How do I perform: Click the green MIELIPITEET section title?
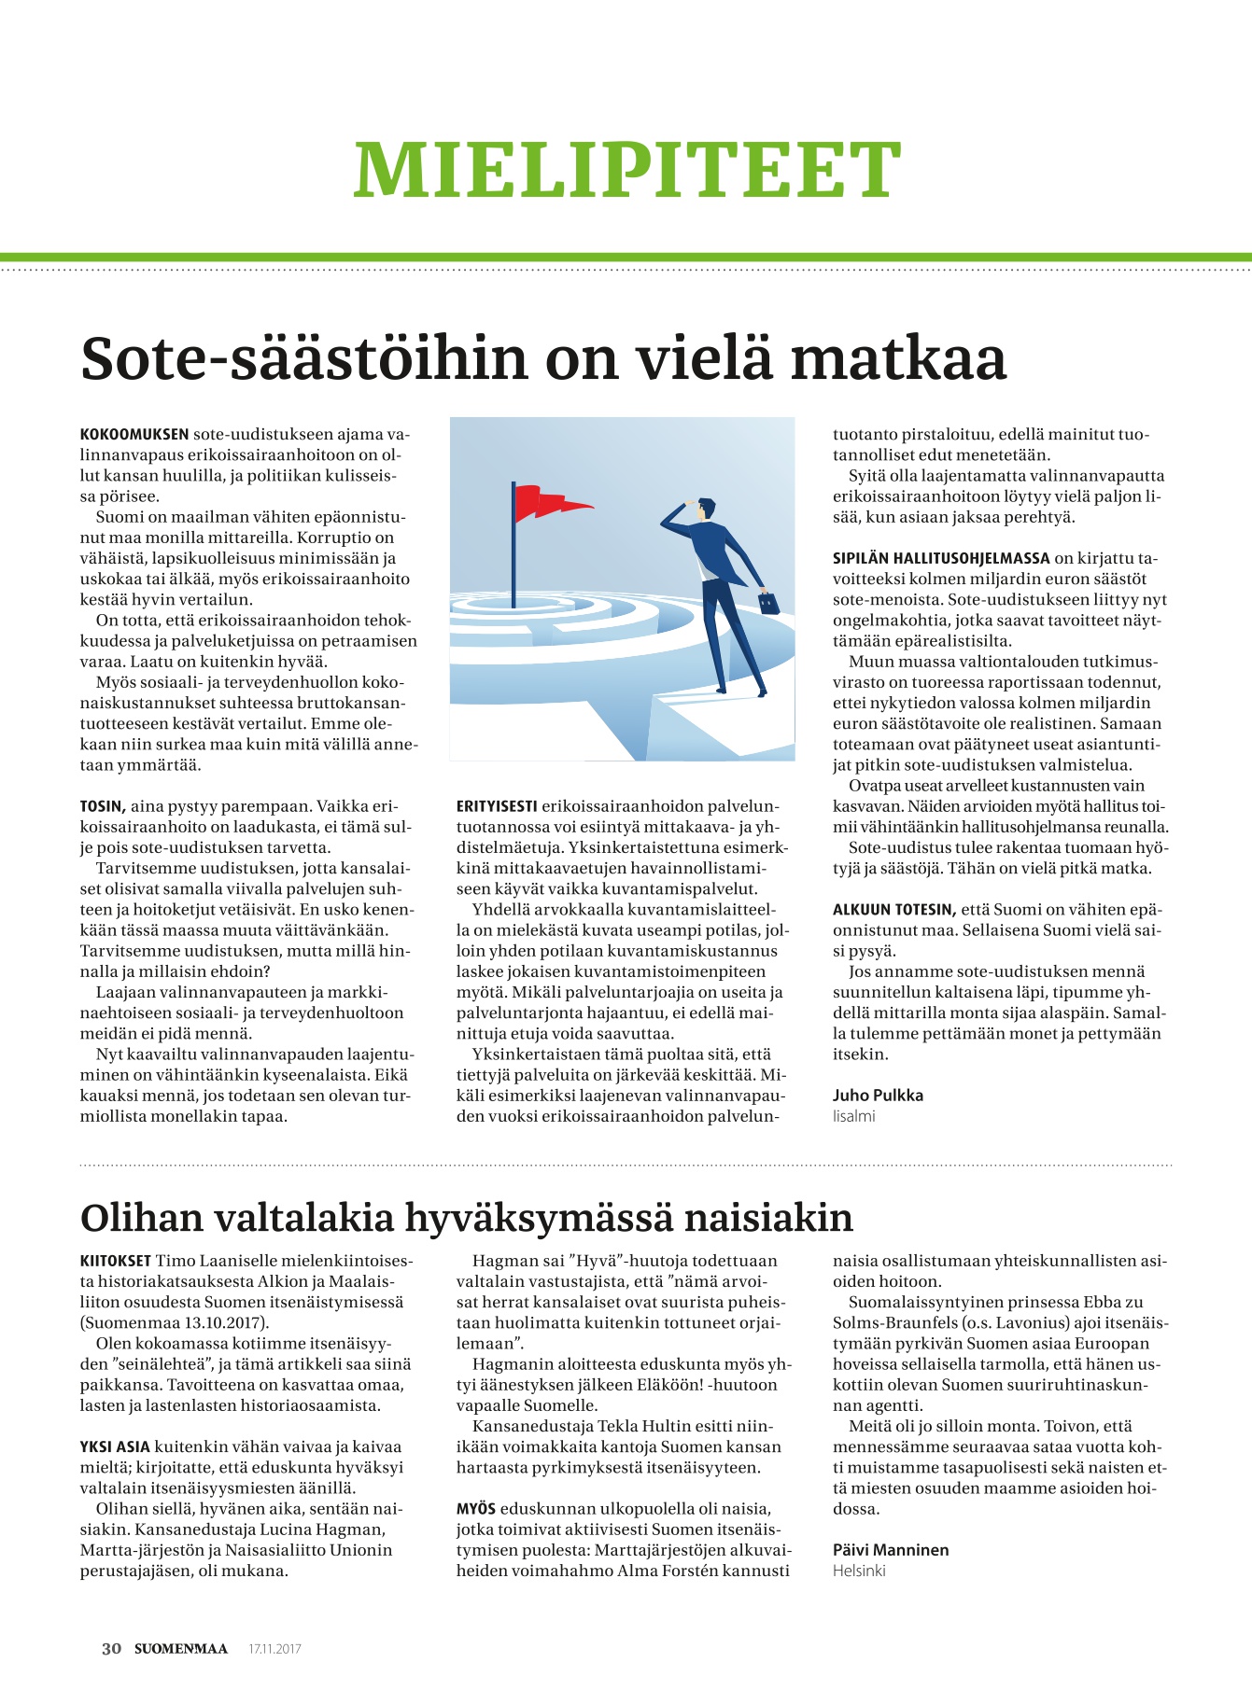626,170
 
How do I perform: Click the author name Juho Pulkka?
878,1096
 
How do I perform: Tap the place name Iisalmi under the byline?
853,1116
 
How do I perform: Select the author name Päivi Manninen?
890,1550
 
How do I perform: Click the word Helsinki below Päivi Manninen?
859,1571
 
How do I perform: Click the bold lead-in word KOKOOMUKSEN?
134,435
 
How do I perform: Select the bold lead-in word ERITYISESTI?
497,806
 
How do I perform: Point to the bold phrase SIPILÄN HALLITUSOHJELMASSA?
941,559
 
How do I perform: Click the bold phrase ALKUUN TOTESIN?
893,910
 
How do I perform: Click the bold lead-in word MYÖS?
476,1509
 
